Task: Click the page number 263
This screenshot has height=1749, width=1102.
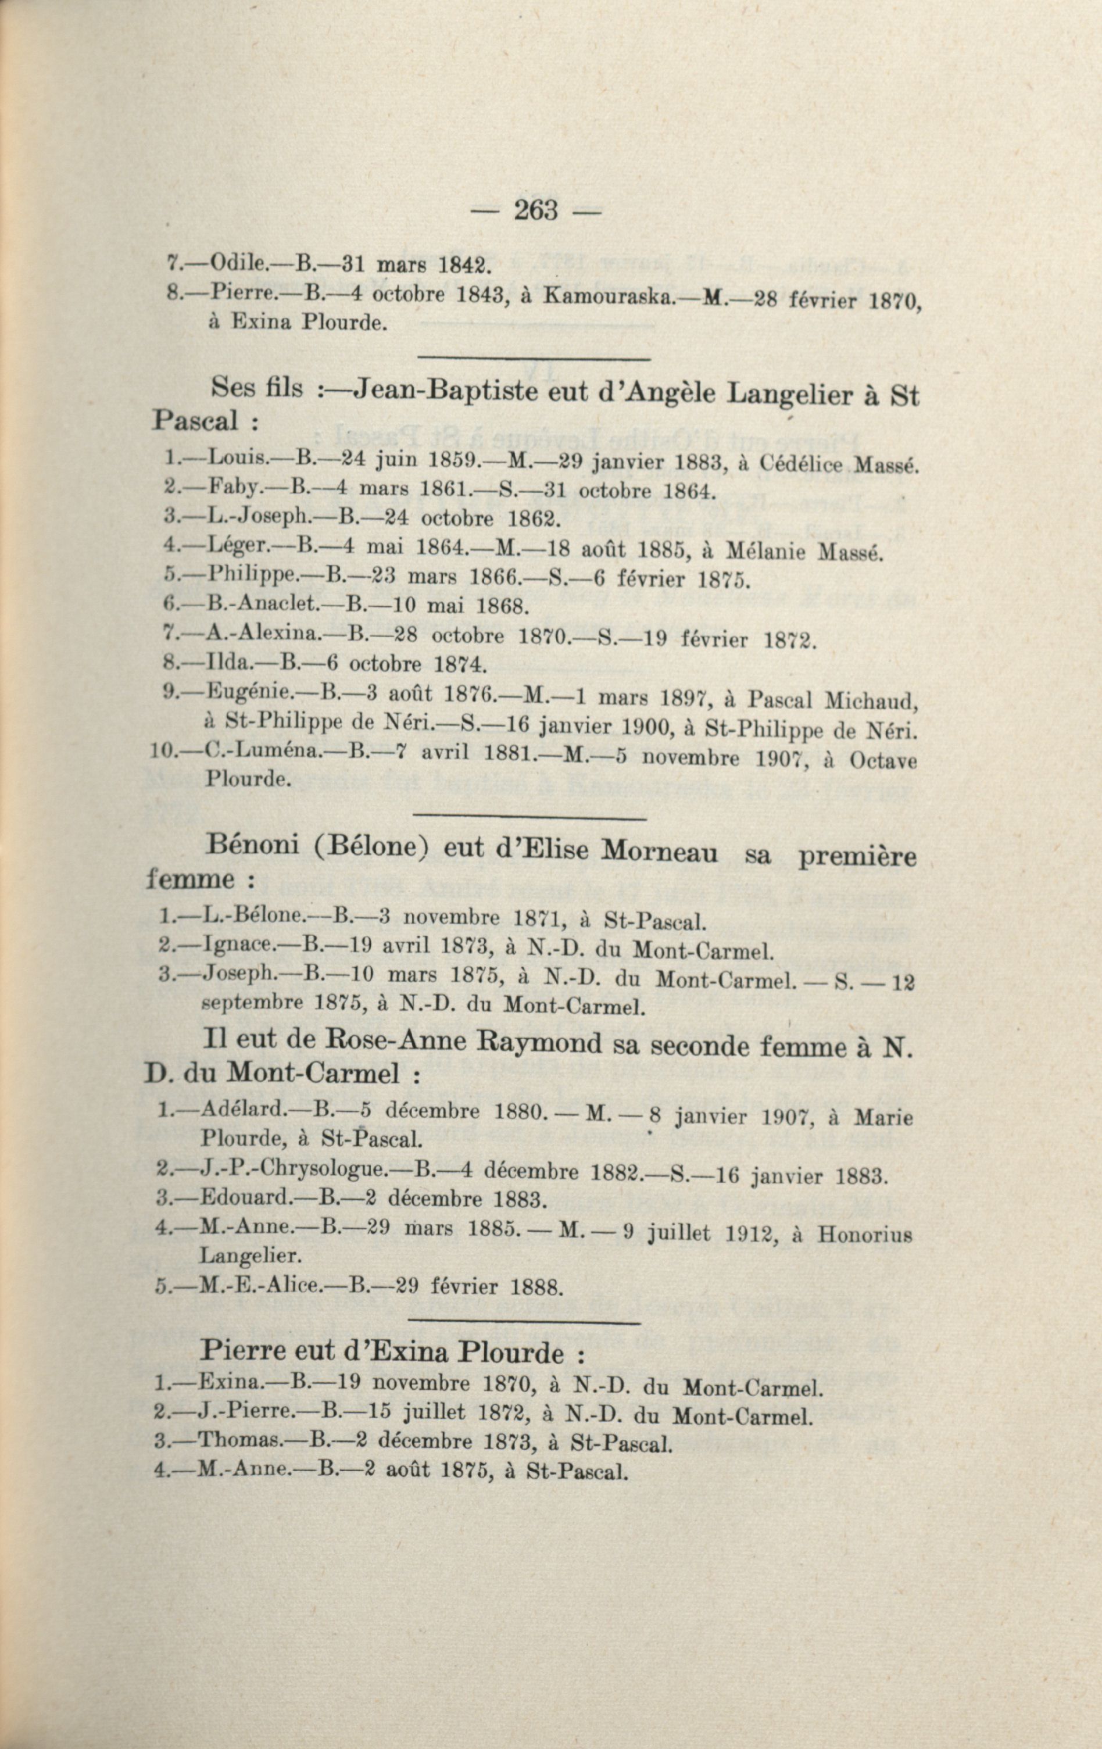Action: pos(536,210)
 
